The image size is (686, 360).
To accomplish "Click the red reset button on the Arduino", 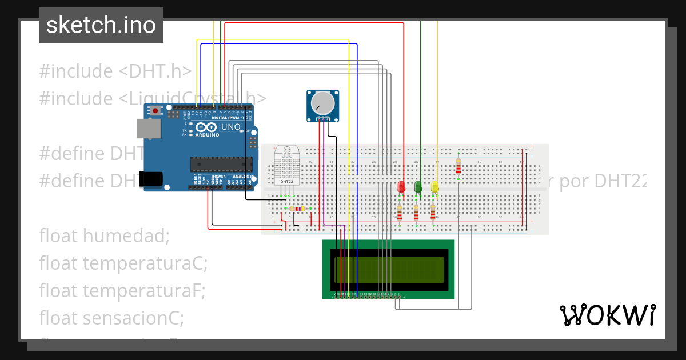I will [155, 110].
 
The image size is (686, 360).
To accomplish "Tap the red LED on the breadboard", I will [401, 186].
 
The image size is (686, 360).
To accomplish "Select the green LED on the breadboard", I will [418, 186].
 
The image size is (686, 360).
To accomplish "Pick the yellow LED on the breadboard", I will [434, 186].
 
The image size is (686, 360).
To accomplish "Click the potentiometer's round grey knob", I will [322, 103].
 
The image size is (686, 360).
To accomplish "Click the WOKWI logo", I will [607, 315].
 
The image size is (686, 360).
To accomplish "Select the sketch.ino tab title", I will [101, 25].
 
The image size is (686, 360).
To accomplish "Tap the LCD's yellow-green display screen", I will [389, 270].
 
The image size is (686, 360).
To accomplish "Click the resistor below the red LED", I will [400, 213].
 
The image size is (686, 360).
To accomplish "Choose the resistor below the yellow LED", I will [433, 213].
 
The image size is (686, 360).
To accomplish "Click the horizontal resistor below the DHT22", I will [297, 209].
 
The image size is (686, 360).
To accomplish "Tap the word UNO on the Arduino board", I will [230, 126].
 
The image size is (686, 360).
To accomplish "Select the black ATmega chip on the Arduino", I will [221, 164].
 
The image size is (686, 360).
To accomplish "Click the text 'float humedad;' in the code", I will [104, 235].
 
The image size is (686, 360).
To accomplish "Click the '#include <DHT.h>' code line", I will [115, 71].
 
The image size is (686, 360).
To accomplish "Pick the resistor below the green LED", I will [416, 213].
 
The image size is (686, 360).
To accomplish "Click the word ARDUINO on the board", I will [207, 135].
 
